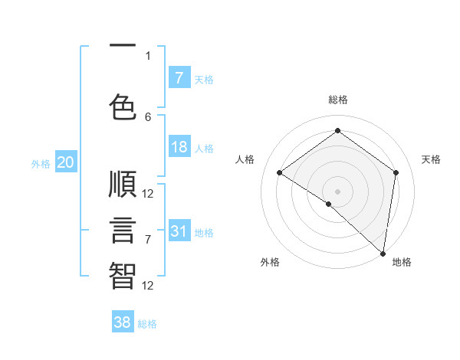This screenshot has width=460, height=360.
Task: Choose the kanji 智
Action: point(123,275)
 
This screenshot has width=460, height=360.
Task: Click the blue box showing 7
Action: point(179,78)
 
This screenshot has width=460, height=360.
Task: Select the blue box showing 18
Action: point(179,148)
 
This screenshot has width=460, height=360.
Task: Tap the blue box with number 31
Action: point(179,231)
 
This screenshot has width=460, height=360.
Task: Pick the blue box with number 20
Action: point(65,162)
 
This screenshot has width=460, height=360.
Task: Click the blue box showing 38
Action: point(123,322)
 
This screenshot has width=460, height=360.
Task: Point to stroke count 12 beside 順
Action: point(148,193)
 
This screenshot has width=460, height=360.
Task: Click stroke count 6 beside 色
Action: point(148,116)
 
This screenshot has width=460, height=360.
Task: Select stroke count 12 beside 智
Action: point(148,285)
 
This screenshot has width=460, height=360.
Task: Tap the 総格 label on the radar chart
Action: point(337,100)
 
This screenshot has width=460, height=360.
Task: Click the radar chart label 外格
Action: point(270,262)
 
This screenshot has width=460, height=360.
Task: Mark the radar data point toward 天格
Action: point(396,172)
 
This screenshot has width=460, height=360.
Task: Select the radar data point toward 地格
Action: point(383,253)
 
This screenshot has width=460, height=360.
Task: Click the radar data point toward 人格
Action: point(280,172)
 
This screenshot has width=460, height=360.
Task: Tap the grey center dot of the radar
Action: point(337,191)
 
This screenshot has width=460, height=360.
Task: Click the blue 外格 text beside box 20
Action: point(41,163)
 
